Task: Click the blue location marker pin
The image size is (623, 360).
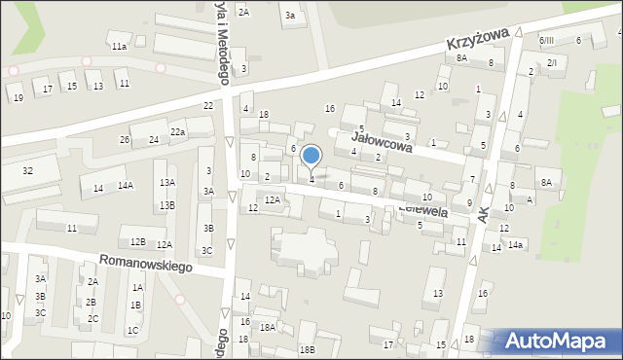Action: pyautogui.click(x=311, y=156)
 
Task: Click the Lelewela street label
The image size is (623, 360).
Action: pyautogui.click(x=421, y=208)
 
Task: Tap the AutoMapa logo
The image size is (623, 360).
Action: pyautogui.click(x=559, y=342)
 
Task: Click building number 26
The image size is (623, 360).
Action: pyautogui.click(x=125, y=140)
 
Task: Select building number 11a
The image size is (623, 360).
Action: pyautogui.click(x=119, y=47)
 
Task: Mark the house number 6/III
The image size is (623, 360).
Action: pyautogui.click(x=546, y=40)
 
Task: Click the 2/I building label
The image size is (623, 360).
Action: pyautogui.click(x=552, y=62)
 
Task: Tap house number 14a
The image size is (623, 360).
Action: pyautogui.click(x=515, y=244)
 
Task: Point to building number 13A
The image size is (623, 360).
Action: pyautogui.click(x=168, y=183)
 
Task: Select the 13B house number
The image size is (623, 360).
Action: pyautogui.click(x=168, y=205)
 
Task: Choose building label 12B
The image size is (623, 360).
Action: pyautogui.click(x=137, y=241)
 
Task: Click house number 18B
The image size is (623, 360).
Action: pyautogui.click(x=308, y=349)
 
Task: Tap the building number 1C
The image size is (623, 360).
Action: pyautogui.click(x=133, y=331)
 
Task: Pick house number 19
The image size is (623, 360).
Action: pyautogui.click(x=18, y=98)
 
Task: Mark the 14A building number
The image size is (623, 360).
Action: pyautogui.click(x=126, y=185)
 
